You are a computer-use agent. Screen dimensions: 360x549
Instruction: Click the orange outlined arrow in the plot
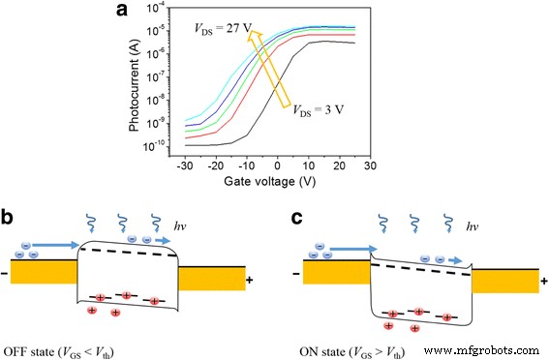click(x=268, y=68)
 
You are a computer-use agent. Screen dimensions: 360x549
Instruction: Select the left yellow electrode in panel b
click(x=41, y=272)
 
